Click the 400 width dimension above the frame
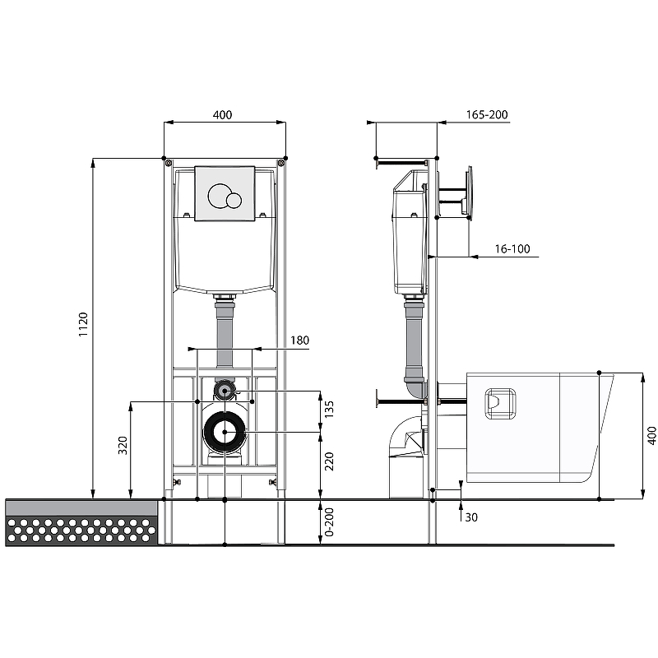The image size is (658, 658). [222, 114]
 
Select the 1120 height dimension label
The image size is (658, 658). [83, 324]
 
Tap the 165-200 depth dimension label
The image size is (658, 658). [487, 114]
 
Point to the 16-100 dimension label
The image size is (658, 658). [512, 249]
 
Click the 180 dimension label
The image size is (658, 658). [299, 340]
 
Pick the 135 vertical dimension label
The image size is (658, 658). [329, 409]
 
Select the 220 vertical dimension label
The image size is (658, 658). [329, 461]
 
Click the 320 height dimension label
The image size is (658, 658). [123, 445]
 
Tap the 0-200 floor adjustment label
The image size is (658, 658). [329, 522]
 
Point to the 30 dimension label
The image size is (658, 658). [471, 517]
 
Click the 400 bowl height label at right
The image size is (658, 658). [651, 436]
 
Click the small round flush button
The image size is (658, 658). [234, 200]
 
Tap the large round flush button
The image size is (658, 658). [219, 196]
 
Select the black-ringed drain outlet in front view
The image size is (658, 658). [225, 432]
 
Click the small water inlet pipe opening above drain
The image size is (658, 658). [225, 391]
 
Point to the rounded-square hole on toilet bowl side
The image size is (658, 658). [500, 403]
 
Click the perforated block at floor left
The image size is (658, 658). [81, 531]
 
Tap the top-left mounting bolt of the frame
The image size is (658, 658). [168, 163]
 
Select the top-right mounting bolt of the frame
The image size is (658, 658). [280, 163]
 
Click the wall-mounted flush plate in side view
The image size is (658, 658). [469, 193]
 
